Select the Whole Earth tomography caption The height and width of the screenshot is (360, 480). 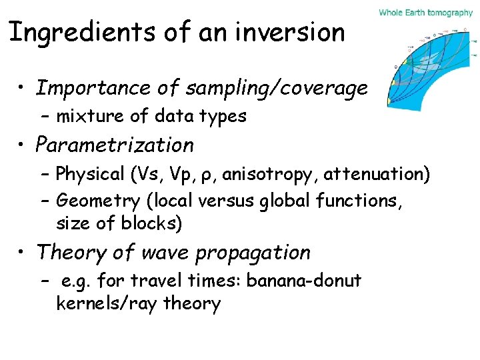point(425,12)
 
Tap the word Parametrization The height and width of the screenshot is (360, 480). point(115,145)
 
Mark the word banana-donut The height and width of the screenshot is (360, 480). point(304,281)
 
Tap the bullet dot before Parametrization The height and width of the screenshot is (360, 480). point(23,145)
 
